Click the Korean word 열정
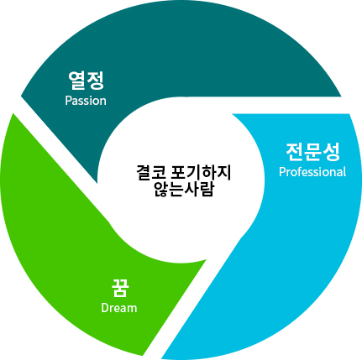[86, 81]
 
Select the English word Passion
[86, 101]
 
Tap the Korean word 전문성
[312, 152]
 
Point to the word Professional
[312, 172]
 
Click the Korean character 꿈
[120, 288]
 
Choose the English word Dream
[119, 308]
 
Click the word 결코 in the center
[152, 173]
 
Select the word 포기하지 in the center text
[201, 173]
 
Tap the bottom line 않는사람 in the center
[184, 190]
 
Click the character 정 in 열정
[95, 81]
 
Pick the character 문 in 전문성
[312, 152]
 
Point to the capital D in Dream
[104, 308]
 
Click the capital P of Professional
[282, 172]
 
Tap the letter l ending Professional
[344, 172]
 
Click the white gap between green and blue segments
[183, 308]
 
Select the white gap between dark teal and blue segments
[288, 105]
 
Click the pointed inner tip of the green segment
[206, 260]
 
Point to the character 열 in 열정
[76, 81]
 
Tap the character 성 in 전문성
[331, 152]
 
